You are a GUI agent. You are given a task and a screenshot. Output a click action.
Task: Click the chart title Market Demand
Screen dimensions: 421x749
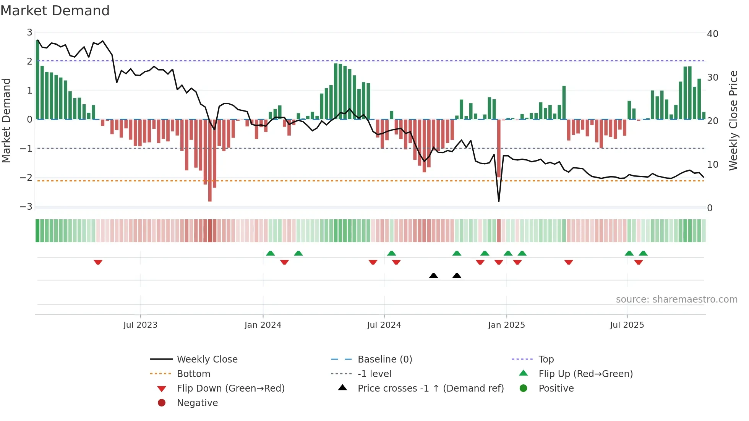click(x=55, y=11)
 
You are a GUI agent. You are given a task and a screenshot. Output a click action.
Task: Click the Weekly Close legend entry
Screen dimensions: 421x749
click(x=207, y=359)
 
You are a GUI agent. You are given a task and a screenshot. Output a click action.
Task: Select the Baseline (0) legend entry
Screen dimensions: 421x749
click(x=384, y=359)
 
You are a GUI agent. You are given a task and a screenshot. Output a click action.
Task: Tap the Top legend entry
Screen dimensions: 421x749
click(x=546, y=359)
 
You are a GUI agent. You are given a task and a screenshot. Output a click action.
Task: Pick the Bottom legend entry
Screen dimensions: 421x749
click(x=193, y=374)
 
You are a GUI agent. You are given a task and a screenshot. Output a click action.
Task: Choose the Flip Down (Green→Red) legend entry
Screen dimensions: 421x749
click(x=230, y=389)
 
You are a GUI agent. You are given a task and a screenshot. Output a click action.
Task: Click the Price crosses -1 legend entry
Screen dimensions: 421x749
click(x=430, y=389)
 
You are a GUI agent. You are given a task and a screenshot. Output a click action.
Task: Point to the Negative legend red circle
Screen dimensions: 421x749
click(x=162, y=403)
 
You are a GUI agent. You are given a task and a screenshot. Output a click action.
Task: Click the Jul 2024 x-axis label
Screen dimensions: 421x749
click(x=384, y=325)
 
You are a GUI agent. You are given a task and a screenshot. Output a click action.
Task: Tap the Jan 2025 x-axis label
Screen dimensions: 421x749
click(x=506, y=325)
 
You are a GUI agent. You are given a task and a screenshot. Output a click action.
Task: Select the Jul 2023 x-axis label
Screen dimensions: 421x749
click(x=140, y=325)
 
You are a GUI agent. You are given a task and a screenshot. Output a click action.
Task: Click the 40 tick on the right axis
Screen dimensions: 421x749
click(x=712, y=34)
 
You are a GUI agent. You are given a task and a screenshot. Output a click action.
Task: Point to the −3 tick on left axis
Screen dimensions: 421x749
click(x=26, y=207)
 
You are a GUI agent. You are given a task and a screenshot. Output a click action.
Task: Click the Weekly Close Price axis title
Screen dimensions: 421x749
click(x=733, y=120)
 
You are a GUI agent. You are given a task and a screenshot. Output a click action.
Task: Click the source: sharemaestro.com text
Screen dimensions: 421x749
click(x=676, y=300)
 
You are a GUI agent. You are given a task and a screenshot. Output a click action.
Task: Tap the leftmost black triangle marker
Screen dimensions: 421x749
click(x=433, y=275)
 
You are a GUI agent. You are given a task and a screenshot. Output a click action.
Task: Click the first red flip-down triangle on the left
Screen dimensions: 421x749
click(x=98, y=262)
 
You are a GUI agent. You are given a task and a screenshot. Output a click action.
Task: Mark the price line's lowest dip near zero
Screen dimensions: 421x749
click(x=499, y=201)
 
